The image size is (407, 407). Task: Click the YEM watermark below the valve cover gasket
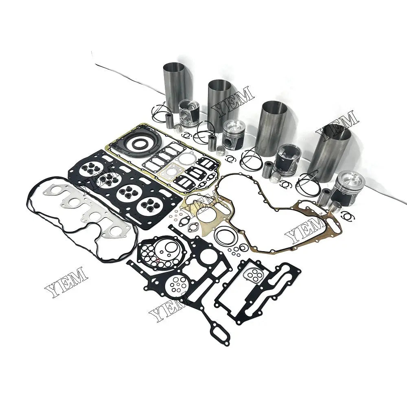(65, 281)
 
